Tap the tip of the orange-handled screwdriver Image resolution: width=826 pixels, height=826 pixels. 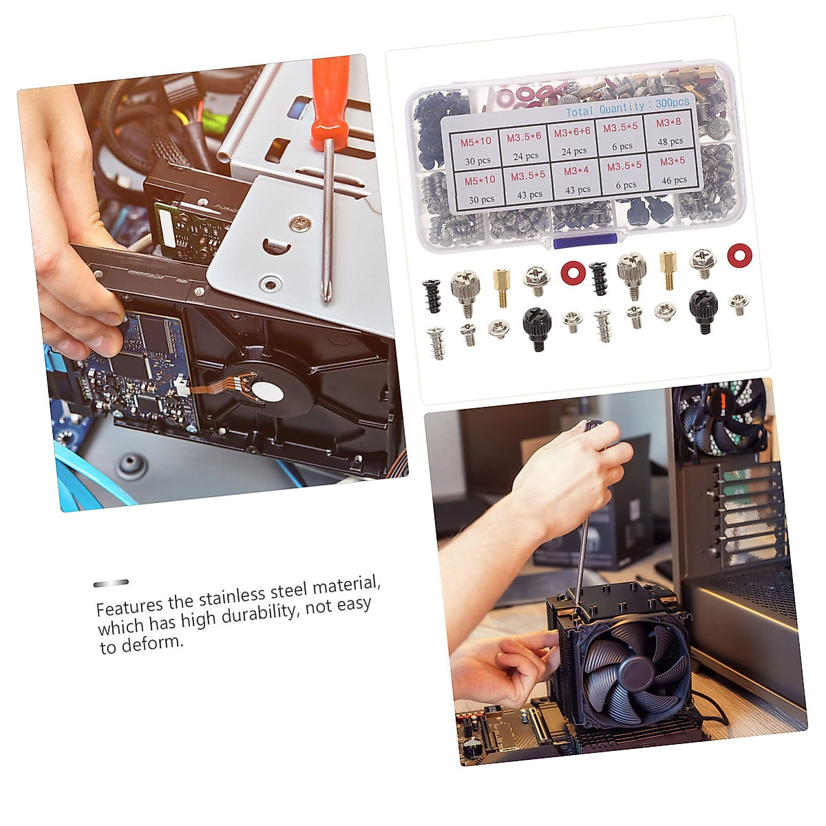coord(326,297)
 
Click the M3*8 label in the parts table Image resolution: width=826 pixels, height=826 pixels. coord(668,123)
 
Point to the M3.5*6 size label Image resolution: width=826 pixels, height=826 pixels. coord(524,138)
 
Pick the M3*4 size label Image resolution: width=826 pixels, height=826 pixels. coord(576,171)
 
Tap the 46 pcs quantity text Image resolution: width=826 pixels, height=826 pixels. coord(674,180)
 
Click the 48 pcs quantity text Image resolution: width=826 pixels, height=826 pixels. coord(670,141)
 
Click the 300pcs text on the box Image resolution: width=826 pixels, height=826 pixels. coord(672,103)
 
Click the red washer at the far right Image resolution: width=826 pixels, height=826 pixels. coord(739,255)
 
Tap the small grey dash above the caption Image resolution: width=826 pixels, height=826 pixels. coord(111,583)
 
